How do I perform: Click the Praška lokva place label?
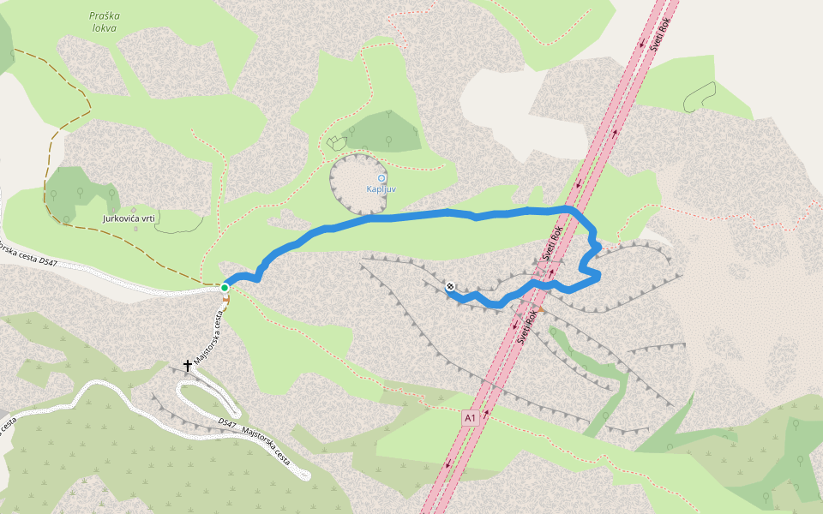[x=103, y=21]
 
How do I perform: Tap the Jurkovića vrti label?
[x=129, y=219]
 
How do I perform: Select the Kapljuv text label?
[x=381, y=189]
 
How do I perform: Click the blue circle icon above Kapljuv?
[x=381, y=178]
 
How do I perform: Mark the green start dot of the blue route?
[x=225, y=287]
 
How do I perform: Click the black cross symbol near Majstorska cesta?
[x=188, y=366]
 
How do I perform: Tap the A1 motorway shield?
[x=469, y=417]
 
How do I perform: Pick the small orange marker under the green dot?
[x=226, y=300]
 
